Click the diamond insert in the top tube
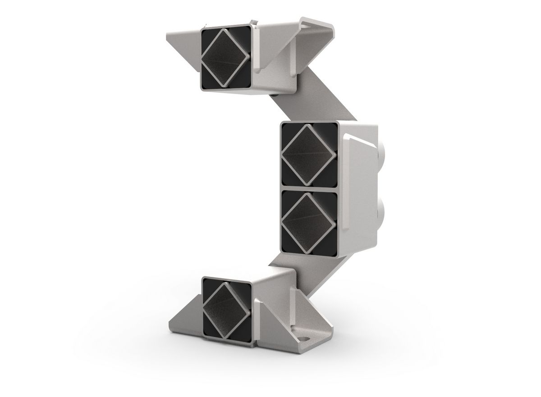(225, 57)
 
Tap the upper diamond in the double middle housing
(309, 155)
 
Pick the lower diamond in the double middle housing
(309, 224)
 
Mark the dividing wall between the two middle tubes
(309, 189)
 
